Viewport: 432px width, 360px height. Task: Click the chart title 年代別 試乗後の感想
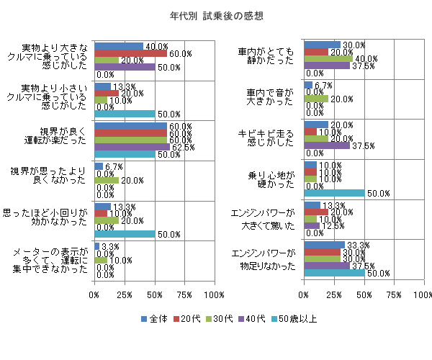(216, 15)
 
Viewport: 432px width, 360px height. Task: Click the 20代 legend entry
(189, 318)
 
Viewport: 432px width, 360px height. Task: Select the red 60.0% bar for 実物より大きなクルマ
(130, 53)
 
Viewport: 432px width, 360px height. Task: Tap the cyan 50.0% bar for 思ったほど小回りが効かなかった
(125, 234)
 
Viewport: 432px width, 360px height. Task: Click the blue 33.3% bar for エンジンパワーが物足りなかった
(324, 246)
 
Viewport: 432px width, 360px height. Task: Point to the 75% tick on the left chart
(184, 295)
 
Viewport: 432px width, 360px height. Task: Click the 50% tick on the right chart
(364, 295)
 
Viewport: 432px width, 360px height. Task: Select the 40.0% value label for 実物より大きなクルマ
(157, 46)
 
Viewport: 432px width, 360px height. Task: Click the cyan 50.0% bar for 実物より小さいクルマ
(125, 114)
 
